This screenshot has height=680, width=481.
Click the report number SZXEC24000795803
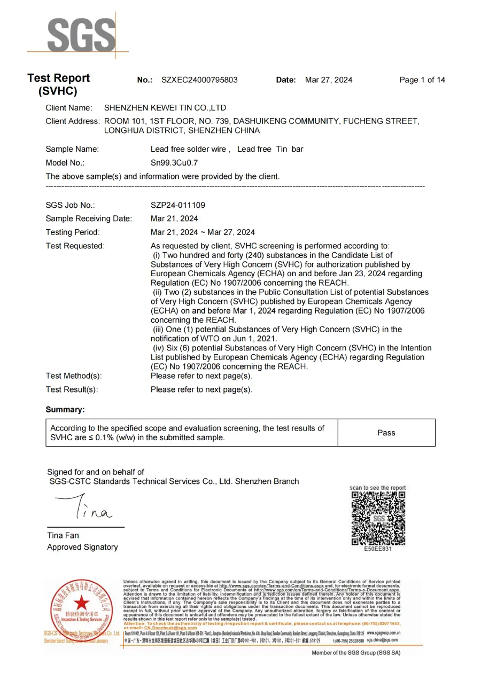pos(199,80)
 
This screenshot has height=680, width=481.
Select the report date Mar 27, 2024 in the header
pos(329,80)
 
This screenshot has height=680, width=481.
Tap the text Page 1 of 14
pos(422,80)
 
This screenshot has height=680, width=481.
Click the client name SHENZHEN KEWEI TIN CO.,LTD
pos(165,108)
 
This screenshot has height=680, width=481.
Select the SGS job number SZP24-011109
pos(178,205)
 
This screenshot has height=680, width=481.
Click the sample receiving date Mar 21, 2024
pos(174,218)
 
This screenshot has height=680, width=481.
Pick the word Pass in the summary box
pos(386,433)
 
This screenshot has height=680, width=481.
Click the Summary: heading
pos(65,410)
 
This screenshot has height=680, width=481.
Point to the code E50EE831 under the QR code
pos(378,549)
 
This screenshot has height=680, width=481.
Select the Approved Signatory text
pos(82,547)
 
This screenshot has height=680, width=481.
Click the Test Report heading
pos(59,79)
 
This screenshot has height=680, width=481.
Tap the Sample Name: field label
pos(72,149)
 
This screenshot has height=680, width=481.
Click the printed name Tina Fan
pos(63,535)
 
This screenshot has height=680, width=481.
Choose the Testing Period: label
pos(73,232)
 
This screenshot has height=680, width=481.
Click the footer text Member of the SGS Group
pos(356,653)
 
